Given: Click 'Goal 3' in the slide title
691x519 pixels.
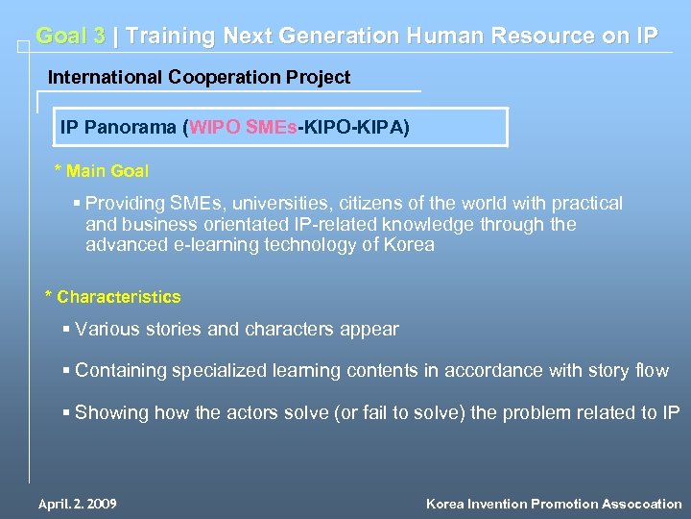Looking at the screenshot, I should [x=70, y=37].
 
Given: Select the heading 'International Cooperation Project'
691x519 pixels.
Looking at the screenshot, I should [x=199, y=77].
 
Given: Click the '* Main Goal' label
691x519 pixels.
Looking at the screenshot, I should [x=101, y=171].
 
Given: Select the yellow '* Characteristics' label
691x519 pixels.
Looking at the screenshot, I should [x=112, y=297].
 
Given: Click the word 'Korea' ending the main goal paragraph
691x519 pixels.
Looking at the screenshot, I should [x=410, y=244].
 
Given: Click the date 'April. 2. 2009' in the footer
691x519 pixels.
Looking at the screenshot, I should [x=77, y=504].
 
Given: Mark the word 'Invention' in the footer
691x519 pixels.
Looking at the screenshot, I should [x=499, y=504].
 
